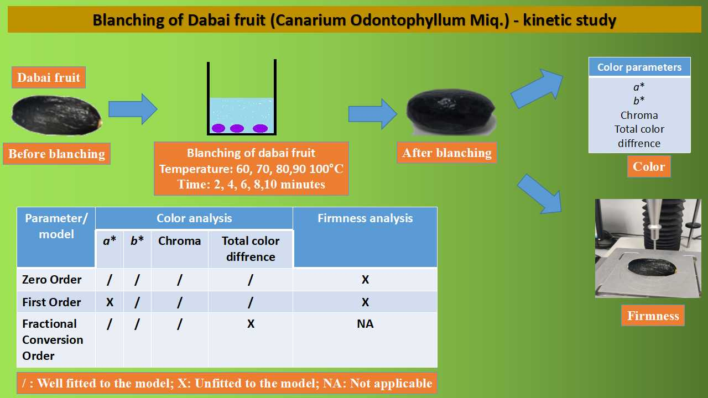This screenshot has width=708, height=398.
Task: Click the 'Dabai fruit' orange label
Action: pyautogui.click(x=49, y=77)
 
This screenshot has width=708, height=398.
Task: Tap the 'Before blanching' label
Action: pyautogui.click(x=57, y=154)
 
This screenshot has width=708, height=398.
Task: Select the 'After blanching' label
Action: pyautogui.click(x=446, y=153)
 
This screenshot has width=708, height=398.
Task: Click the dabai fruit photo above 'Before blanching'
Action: pyautogui.click(x=57, y=116)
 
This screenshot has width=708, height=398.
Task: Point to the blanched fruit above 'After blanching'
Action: pyautogui.click(x=451, y=112)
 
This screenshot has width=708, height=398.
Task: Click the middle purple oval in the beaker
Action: pyautogui.click(x=237, y=128)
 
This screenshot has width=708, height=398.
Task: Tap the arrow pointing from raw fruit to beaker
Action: pyautogui.click(x=133, y=109)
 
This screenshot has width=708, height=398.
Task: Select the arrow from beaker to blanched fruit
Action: pyautogui.click(x=373, y=114)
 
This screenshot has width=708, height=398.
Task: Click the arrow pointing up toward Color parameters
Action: pyautogui.click(x=537, y=89)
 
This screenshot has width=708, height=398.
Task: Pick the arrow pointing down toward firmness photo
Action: pyautogui.click(x=540, y=193)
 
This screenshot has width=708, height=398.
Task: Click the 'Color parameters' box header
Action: pyautogui.click(x=639, y=67)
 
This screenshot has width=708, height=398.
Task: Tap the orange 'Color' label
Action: pyautogui.click(x=649, y=166)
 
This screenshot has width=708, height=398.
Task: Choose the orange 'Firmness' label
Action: pyautogui.click(x=653, y=316)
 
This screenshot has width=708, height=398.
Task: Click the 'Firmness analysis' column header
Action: pyautogui.click(x=366, y=218)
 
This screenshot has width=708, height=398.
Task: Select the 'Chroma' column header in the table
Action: pyautogui.click(x=180, y=241)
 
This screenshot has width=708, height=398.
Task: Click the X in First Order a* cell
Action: pyautogui.click(x=110, y=302)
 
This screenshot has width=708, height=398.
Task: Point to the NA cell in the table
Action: pyautogui.click(x=366, y=324)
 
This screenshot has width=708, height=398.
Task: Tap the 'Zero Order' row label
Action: pyautogui.click(x=52, y=280)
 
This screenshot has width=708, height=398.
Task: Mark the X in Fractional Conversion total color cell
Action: pyautogui.click(x=251, y=324)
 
